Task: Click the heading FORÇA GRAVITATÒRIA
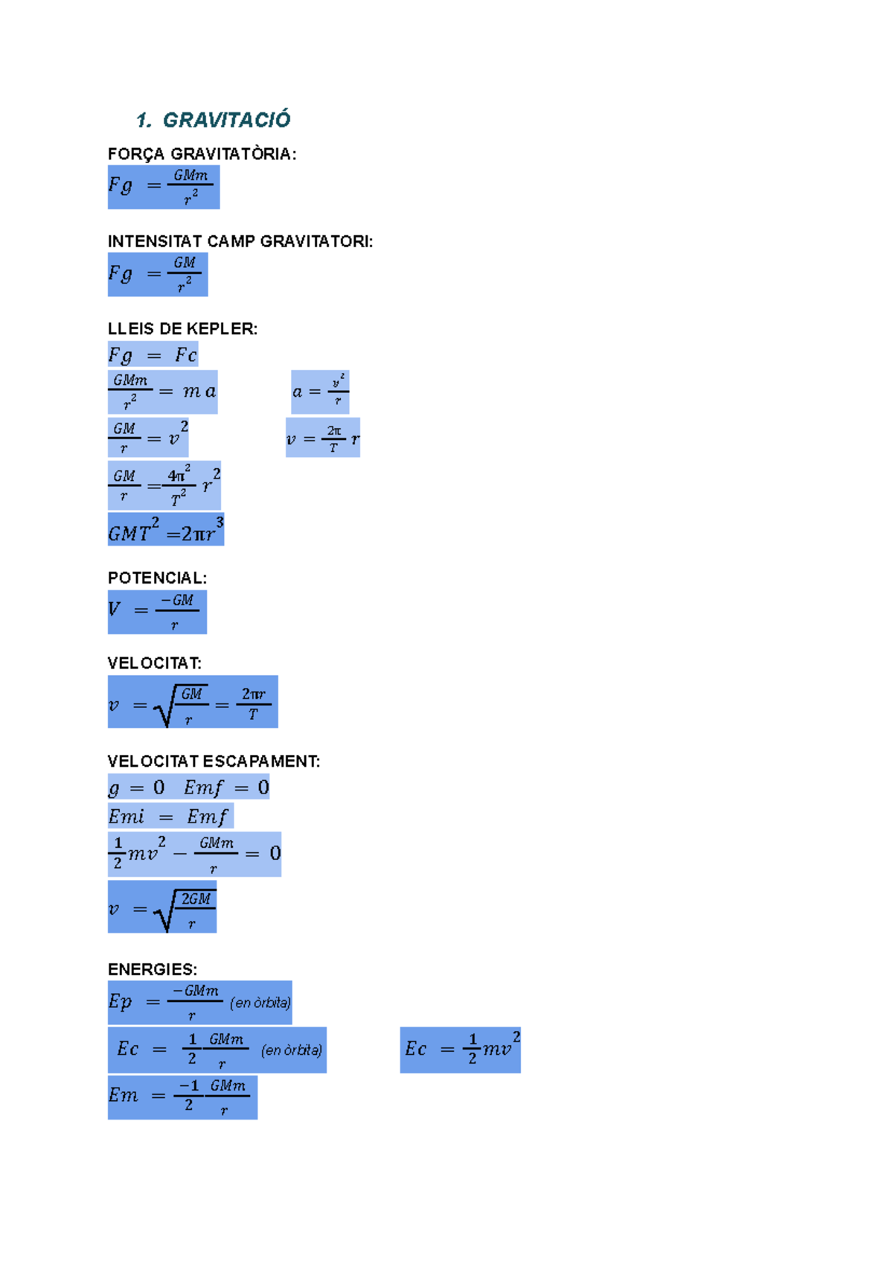[x=202, y=154]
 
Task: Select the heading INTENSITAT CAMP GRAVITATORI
[x=240, y=241]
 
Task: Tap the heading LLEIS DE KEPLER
[x=182, y=329]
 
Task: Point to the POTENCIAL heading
[x=157, y=578]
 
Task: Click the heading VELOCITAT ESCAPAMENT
[x=214, y=762]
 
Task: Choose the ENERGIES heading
[x=153, y=969]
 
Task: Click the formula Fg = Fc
[x=153, y=354]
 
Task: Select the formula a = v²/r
[x=320, y=392]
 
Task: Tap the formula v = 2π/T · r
[x=323, y=438]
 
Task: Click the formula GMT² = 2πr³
[x=166, y=529]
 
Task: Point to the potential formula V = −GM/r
[x=157, y=612]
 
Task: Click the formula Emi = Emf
[x=170, y=816]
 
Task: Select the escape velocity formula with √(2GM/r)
[x=162, y=907]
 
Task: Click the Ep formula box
[x=199, y=1003]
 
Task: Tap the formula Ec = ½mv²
[x=460, y=1050]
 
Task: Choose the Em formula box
[x=182, y=1097]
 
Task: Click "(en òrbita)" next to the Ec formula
[x=292, y=1050]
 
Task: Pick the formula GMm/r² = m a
[x=162, y=392]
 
